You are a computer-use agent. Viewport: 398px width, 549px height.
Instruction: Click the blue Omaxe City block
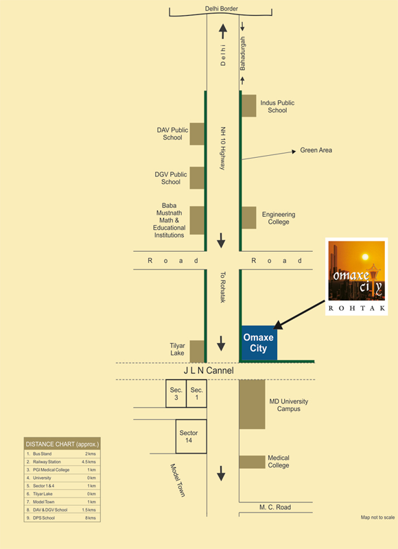(x=259, y=343)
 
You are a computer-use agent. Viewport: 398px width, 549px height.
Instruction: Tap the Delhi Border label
(x=221, y=9)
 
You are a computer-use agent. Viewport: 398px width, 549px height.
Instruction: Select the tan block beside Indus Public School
(x=249, y=106)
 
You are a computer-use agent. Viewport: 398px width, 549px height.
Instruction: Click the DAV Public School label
(x=172, y=134)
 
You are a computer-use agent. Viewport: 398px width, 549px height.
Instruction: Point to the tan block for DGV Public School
(x=197, y=178)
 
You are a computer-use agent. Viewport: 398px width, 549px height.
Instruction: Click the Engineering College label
(x=279, y=218)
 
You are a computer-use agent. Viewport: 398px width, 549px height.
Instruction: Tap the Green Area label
(x=316, y=150)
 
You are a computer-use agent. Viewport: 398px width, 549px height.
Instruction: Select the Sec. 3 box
(x=176, y=393)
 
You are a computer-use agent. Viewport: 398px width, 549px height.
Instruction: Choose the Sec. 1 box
(x=196, y=393)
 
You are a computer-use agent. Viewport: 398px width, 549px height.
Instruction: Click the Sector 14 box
(x=191, y=436)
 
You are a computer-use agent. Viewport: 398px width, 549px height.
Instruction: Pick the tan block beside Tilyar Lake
(x=197, y=351)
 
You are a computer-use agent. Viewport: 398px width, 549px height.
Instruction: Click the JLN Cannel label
(x=209, y=371)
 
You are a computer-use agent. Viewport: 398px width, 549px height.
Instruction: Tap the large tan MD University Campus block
(x=252, y=404)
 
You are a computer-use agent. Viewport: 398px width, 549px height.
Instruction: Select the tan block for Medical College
(x=252, y=462)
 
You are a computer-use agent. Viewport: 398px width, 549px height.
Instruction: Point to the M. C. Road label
(x=275, y=507)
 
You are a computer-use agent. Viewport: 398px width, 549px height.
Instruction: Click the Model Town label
(x=178, y=480)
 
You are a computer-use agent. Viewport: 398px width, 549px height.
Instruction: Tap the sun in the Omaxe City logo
(x=365, y=257)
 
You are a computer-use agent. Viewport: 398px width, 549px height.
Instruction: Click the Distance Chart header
(x=62, y=444)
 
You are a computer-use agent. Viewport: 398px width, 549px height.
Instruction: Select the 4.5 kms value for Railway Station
(x=89, y=462)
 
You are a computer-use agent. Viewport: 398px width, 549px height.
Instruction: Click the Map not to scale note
(x=377, y=517)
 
